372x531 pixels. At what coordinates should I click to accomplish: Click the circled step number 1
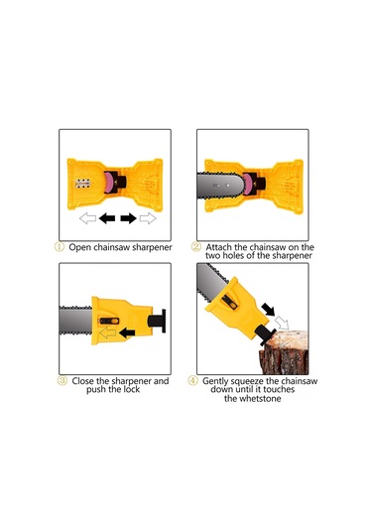[62, 246]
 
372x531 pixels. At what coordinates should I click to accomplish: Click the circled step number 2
[196, 246]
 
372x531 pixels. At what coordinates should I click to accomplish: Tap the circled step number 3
[62, 380]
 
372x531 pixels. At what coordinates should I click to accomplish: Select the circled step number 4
[194, 380]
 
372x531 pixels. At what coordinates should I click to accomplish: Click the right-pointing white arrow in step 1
[149, 217]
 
